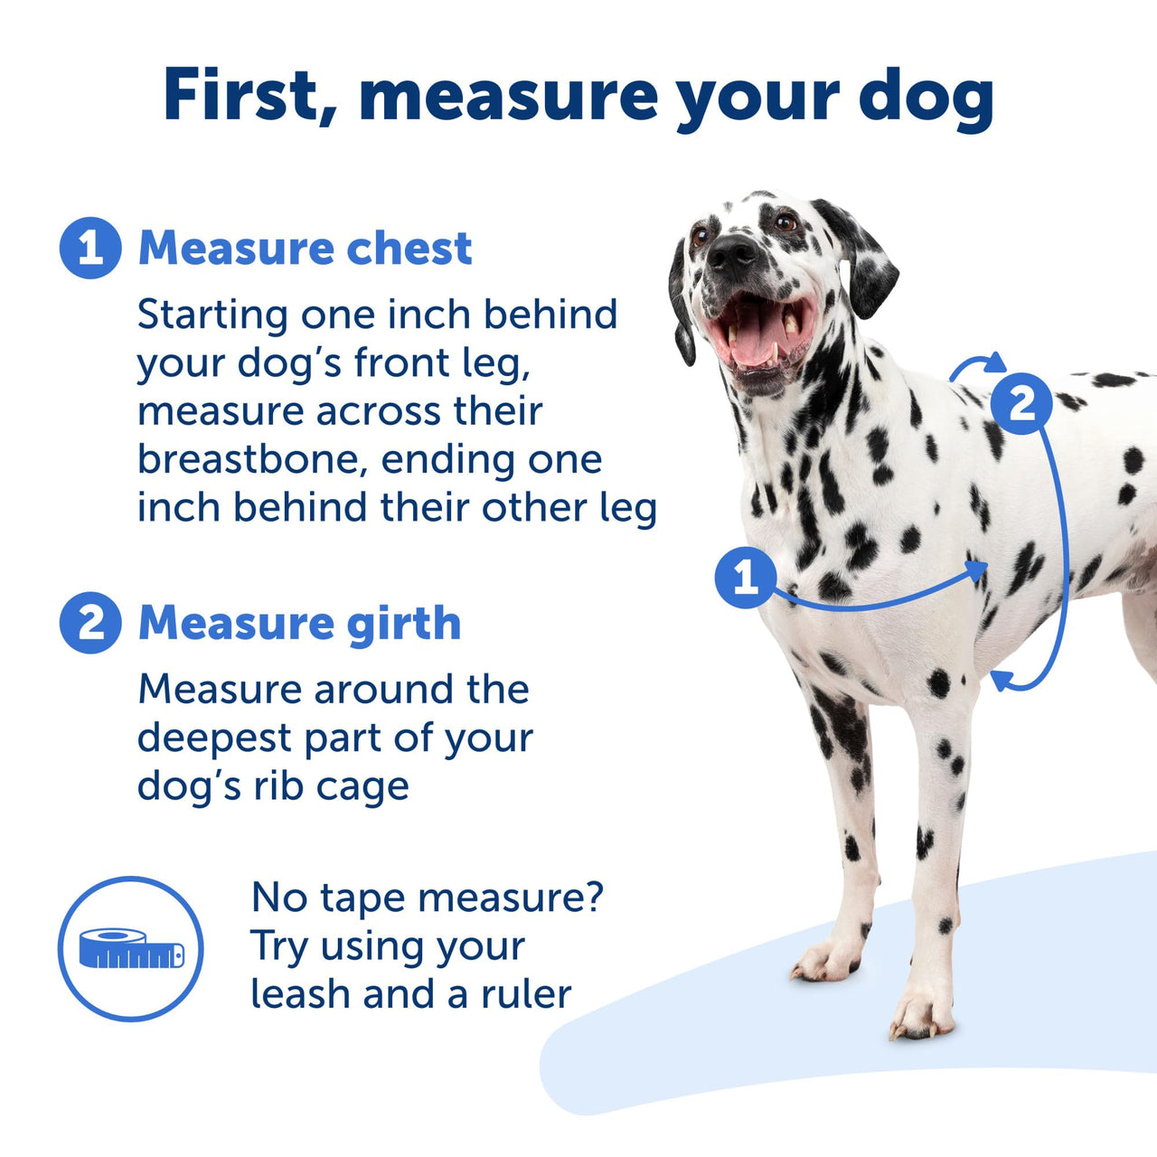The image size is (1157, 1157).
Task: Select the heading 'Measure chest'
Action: (x=305, y=248)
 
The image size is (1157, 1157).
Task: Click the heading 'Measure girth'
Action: (x=299, y=623)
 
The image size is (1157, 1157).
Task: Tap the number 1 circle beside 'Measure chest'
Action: (x=90, y=248)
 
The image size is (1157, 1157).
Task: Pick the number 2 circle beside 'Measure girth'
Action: (x=90, y=623)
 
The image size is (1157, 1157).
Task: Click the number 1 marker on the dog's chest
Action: (x=745, y=578)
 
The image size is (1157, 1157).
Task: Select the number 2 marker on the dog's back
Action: (x=1021, y=403)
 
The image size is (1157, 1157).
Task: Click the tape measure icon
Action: (x=131, y=948)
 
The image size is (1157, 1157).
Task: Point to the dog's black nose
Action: (x=730, y=254)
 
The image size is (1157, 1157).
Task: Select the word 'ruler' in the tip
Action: (x=526, y=994)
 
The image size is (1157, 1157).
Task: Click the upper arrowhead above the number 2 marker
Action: (x=994, y=363)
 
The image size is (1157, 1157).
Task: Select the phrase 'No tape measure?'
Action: (x=427, y=898)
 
